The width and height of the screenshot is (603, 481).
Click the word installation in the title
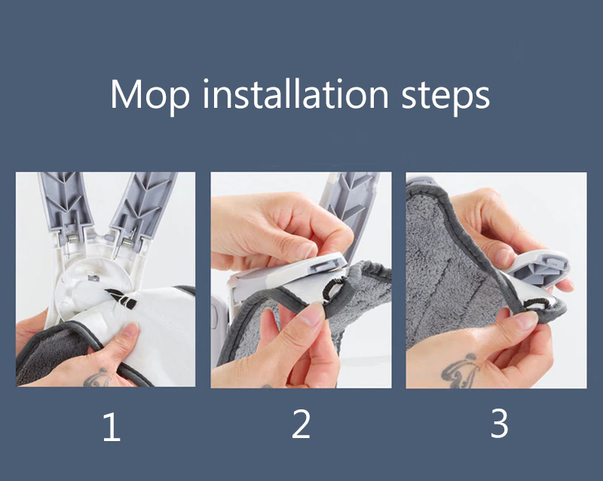295,93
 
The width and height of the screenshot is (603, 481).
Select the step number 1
112,427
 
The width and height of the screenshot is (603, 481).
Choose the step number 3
499,423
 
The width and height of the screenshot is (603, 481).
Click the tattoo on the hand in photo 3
460,371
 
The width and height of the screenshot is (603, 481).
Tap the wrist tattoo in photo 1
97,378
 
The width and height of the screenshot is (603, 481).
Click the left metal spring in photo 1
72,238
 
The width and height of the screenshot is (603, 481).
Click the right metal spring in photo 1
127,242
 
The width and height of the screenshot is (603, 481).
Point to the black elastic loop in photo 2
332,289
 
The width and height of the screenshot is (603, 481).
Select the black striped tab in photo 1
121,299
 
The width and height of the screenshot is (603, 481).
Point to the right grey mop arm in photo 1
142,206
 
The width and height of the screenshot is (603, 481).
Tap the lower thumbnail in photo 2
312,314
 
